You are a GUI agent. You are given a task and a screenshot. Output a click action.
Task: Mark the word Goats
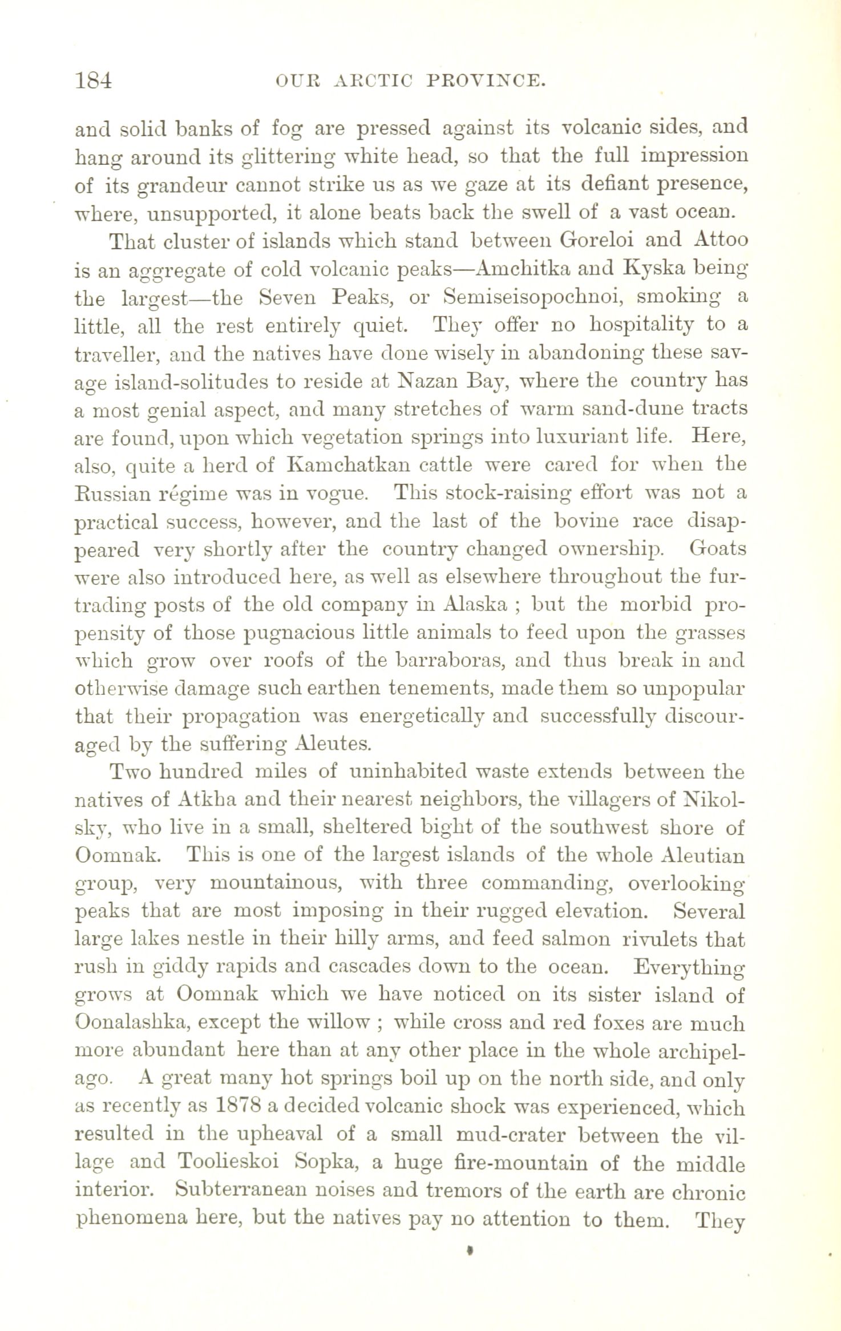click(x=717, y=549)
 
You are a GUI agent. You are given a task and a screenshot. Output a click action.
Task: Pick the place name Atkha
click(x=196, y=800)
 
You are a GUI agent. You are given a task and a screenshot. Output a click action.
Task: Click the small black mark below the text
click(x=470, y=1248)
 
